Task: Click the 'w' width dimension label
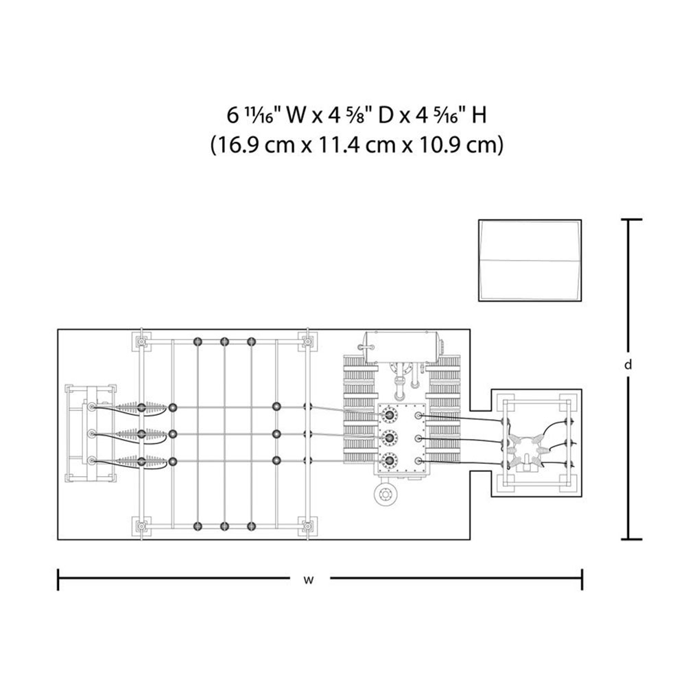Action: [309, 580]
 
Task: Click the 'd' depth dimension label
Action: [628, 364]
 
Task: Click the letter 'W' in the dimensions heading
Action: [296, 116]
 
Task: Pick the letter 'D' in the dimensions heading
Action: [385, 116]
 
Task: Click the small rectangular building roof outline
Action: [530, 260]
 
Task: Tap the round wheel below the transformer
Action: [386, 493]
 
